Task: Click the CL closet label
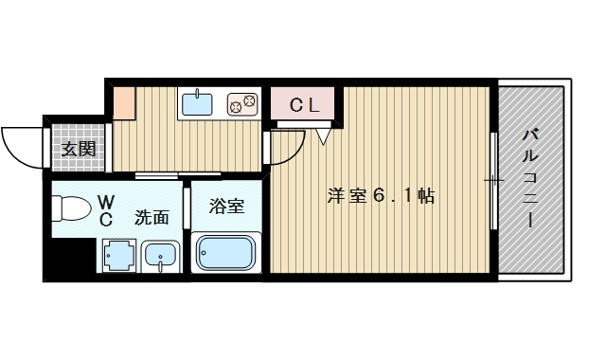305,106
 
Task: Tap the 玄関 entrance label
79,149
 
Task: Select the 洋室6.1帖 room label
381,197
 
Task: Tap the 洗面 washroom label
151,216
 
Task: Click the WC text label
107,210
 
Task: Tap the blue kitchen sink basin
198,102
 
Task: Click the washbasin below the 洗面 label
161,256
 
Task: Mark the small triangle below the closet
323,135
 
